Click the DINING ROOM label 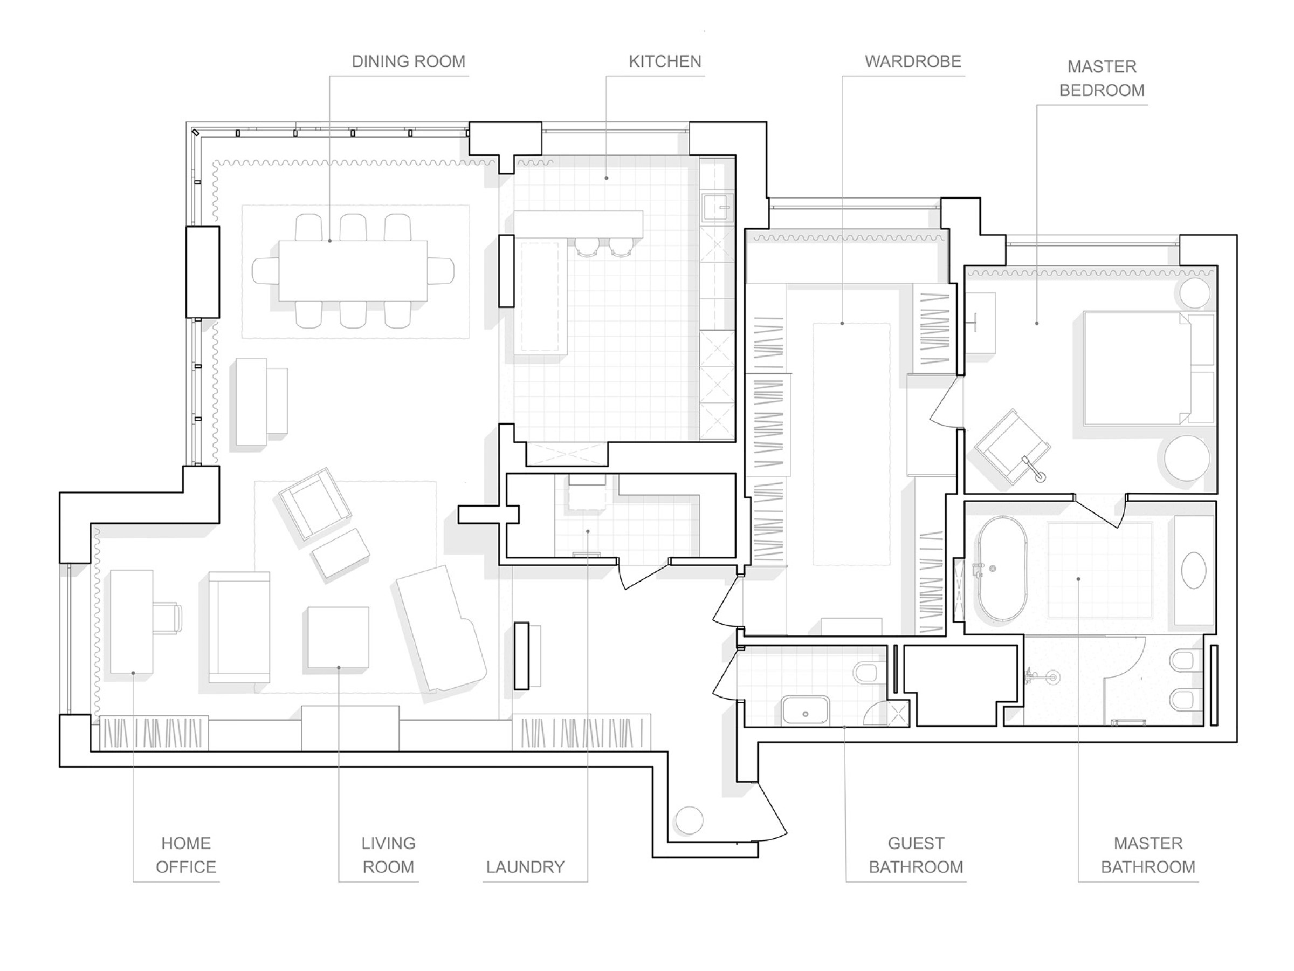(408, 61)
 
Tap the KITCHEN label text (665, 61)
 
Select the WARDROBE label (913, 61)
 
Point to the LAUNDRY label (525, 867)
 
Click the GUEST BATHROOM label (916, 855)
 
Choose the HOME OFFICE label (186, 855)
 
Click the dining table (353, 270)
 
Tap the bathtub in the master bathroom (1003, 567)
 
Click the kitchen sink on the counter (717, 208)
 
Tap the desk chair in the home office (167, 618)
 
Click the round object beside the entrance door (689, 820)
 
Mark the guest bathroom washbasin (806, 710)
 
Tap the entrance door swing (772, 811)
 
